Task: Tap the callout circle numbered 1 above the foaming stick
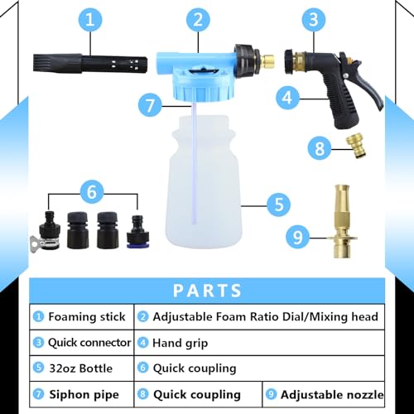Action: point(89,17)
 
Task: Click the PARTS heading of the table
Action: point(207,291)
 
